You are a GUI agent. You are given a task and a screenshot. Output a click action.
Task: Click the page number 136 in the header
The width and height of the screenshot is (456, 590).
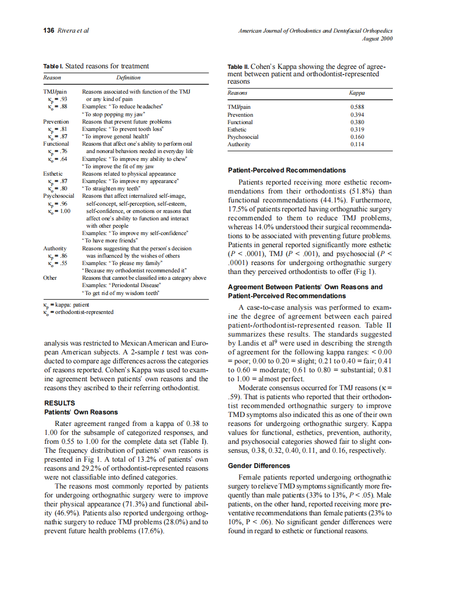[48, 30]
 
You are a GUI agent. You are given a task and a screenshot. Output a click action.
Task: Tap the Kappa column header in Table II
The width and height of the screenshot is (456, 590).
[358, 93]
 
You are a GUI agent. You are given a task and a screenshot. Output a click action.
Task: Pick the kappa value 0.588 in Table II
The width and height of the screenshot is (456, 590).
[357, 107]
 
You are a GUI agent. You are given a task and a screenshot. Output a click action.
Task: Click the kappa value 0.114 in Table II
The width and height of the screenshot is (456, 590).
[357, 144]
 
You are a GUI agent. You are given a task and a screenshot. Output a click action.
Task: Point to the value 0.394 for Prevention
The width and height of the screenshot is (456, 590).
[357, 115]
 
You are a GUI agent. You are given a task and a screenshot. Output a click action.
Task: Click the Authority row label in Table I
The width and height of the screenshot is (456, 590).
[54, 248]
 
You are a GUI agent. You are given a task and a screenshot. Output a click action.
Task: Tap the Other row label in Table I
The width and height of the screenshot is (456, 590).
[50, 278]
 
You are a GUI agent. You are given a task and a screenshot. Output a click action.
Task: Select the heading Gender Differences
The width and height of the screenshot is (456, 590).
[259, 466]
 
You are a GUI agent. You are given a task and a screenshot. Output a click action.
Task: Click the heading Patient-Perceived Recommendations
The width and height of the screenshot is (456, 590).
[286, 170]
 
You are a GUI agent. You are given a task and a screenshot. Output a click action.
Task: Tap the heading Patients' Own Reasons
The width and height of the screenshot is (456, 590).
[81, 412]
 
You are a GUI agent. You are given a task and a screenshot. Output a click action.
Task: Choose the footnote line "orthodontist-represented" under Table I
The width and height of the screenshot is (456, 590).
[82, 312]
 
